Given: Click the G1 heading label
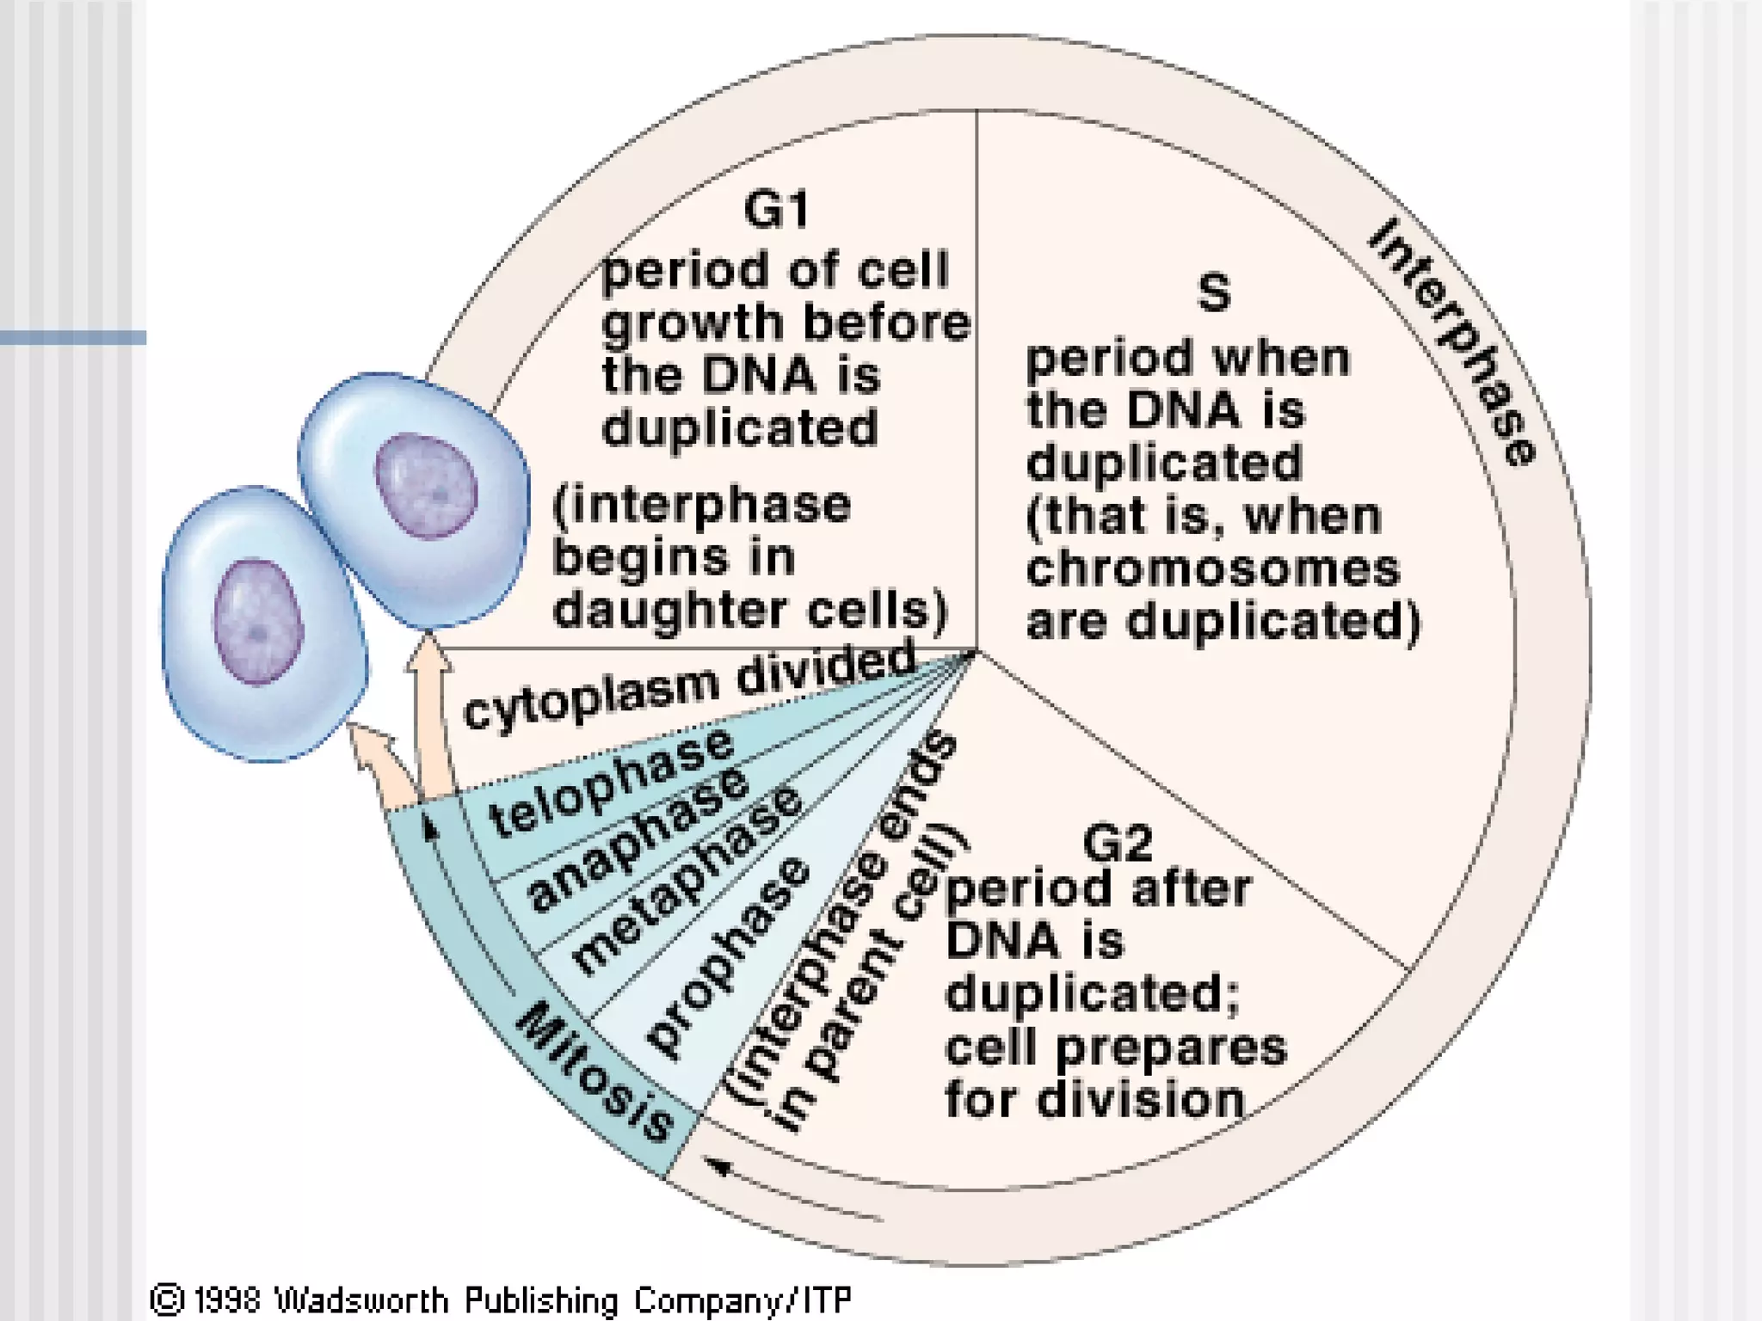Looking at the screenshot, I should tap(776, 210).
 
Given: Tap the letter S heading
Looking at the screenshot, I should tap(1213, 292).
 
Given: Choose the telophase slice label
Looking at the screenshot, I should tap(611, 783).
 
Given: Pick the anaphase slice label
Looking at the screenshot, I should tap(637, 839).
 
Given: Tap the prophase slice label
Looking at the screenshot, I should tap(728, 955).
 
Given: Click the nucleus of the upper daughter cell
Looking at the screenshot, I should tap(427, 486).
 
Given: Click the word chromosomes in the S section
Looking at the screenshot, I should tap(1213, 569).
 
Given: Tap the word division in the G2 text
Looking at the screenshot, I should tap(1153, 1101).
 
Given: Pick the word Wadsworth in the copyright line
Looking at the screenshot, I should tap(361, 1299).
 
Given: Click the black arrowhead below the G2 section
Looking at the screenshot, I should tap(719, 1166).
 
